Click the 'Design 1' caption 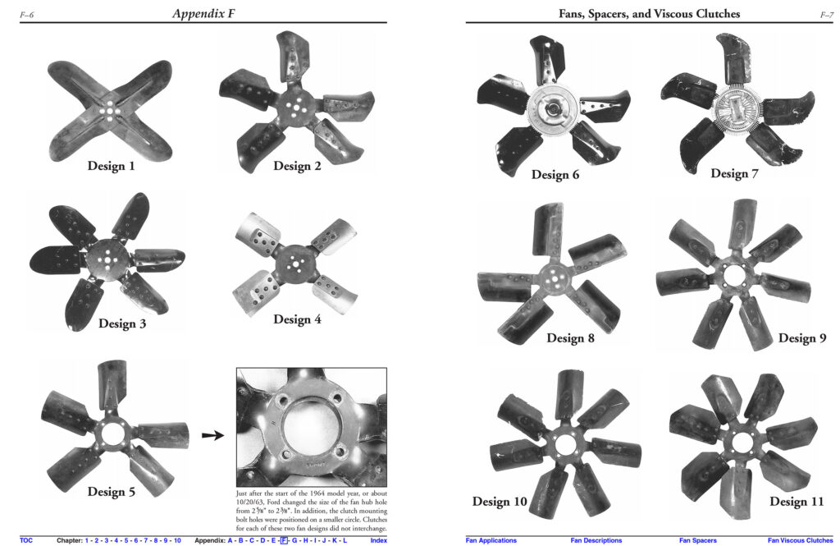pyautogui.click(x=111, y=166)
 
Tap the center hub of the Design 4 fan pyautogui.click(x=294, y=263)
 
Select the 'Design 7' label pyautogui.click(x=734, y=173)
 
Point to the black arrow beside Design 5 pyautogui.click(x=212, y=435)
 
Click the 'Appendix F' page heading pyautogui.click(x=203, y=13)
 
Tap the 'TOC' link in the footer pyautogui.click(x=25, y=540)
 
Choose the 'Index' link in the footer pyautogui.click(x=378, y=540)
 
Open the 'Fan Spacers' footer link pyautogui.click(x=697, y=540)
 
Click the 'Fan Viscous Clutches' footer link pyautogui.click(x=800, y=540)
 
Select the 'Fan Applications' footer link pyautogui.click(x=491, y=540)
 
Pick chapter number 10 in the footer pyautogui.click(x=177, y=540)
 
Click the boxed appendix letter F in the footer pyautogui.click(x=284, y=540)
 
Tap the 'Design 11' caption pyautogui.click(x=796, y=502)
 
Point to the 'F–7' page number pyautogui.click(x=827, y=15)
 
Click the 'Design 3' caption pyautogui.click(x=122, y=323)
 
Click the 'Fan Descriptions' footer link pyautogui.click(x=596, y=540)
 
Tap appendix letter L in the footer pyautogui.click(x=345, y=540)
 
